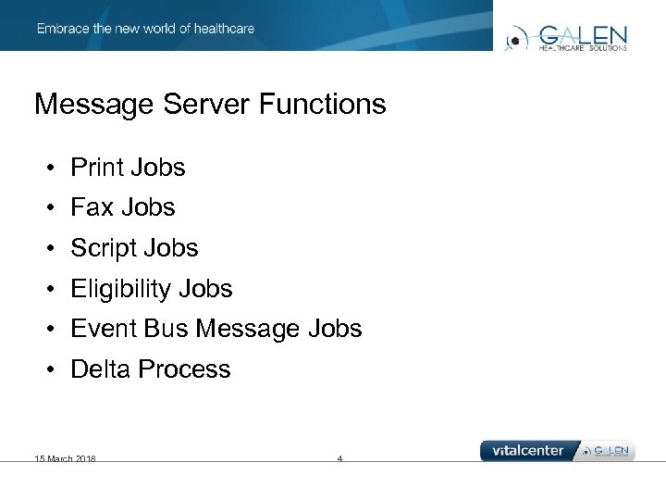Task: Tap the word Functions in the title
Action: [323, 104]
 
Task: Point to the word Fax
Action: [91, 207]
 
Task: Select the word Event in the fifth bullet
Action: [101, 329]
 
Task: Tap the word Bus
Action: [166, 329]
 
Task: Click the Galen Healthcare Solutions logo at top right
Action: [566, 37]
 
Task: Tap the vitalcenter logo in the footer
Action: [527, 451]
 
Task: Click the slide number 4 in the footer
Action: [339, 458]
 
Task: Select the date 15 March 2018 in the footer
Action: [65, 458]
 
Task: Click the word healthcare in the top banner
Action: [223, 29]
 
